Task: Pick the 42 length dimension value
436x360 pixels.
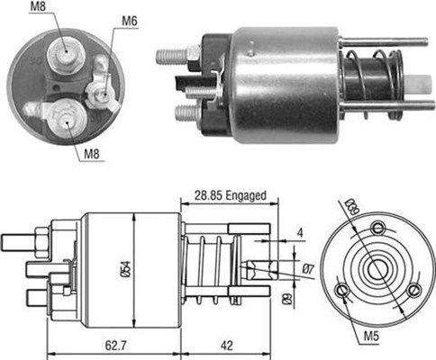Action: point(229,343)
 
